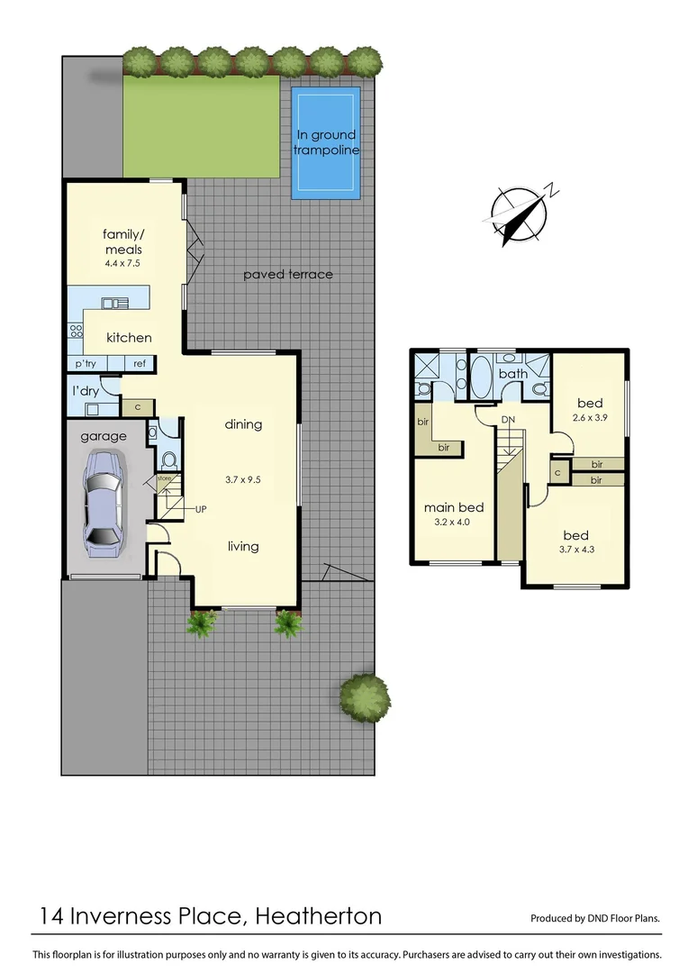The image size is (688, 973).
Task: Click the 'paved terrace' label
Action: (x=287, y=274)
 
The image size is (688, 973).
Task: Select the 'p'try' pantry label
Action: (x=86, y=363)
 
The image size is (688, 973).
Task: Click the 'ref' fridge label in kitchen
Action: (x=140, y=363)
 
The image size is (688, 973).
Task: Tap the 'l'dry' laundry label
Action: (x=86, y=391)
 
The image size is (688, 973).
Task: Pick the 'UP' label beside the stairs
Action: (x=202, y=509)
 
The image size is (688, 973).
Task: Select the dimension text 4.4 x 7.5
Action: (x=122, y=265)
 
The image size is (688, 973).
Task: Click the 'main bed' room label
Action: (x=454, y=506)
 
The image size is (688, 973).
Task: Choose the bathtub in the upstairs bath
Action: (x=482, y=376)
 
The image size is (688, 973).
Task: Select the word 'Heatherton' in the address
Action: (x=318, y=917)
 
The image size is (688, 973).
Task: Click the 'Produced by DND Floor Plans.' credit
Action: (x=594, y=919)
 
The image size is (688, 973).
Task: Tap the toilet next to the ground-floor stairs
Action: (x=167, y=459)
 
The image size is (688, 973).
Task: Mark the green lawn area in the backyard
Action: (x=200, y=126)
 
